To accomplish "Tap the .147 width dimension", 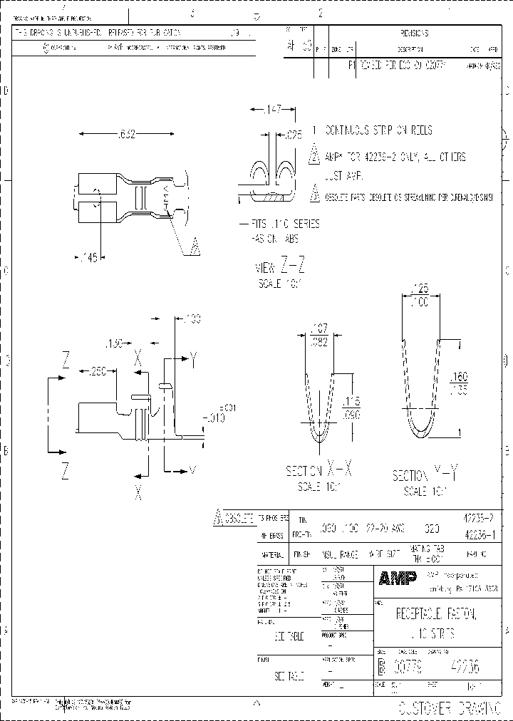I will pyautogui.click(x=270, y=110).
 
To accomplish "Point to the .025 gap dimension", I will pyautogui.click(x=294, y=133).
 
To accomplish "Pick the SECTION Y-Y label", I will pyautogui.click(x=424, y=475).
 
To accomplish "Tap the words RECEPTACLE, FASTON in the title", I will pyautogui.click(x=435, y=614).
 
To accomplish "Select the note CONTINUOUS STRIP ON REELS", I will pyautogui.click(x=378, y=130).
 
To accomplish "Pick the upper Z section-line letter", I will pyautogui.click(x=65, y=360).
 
